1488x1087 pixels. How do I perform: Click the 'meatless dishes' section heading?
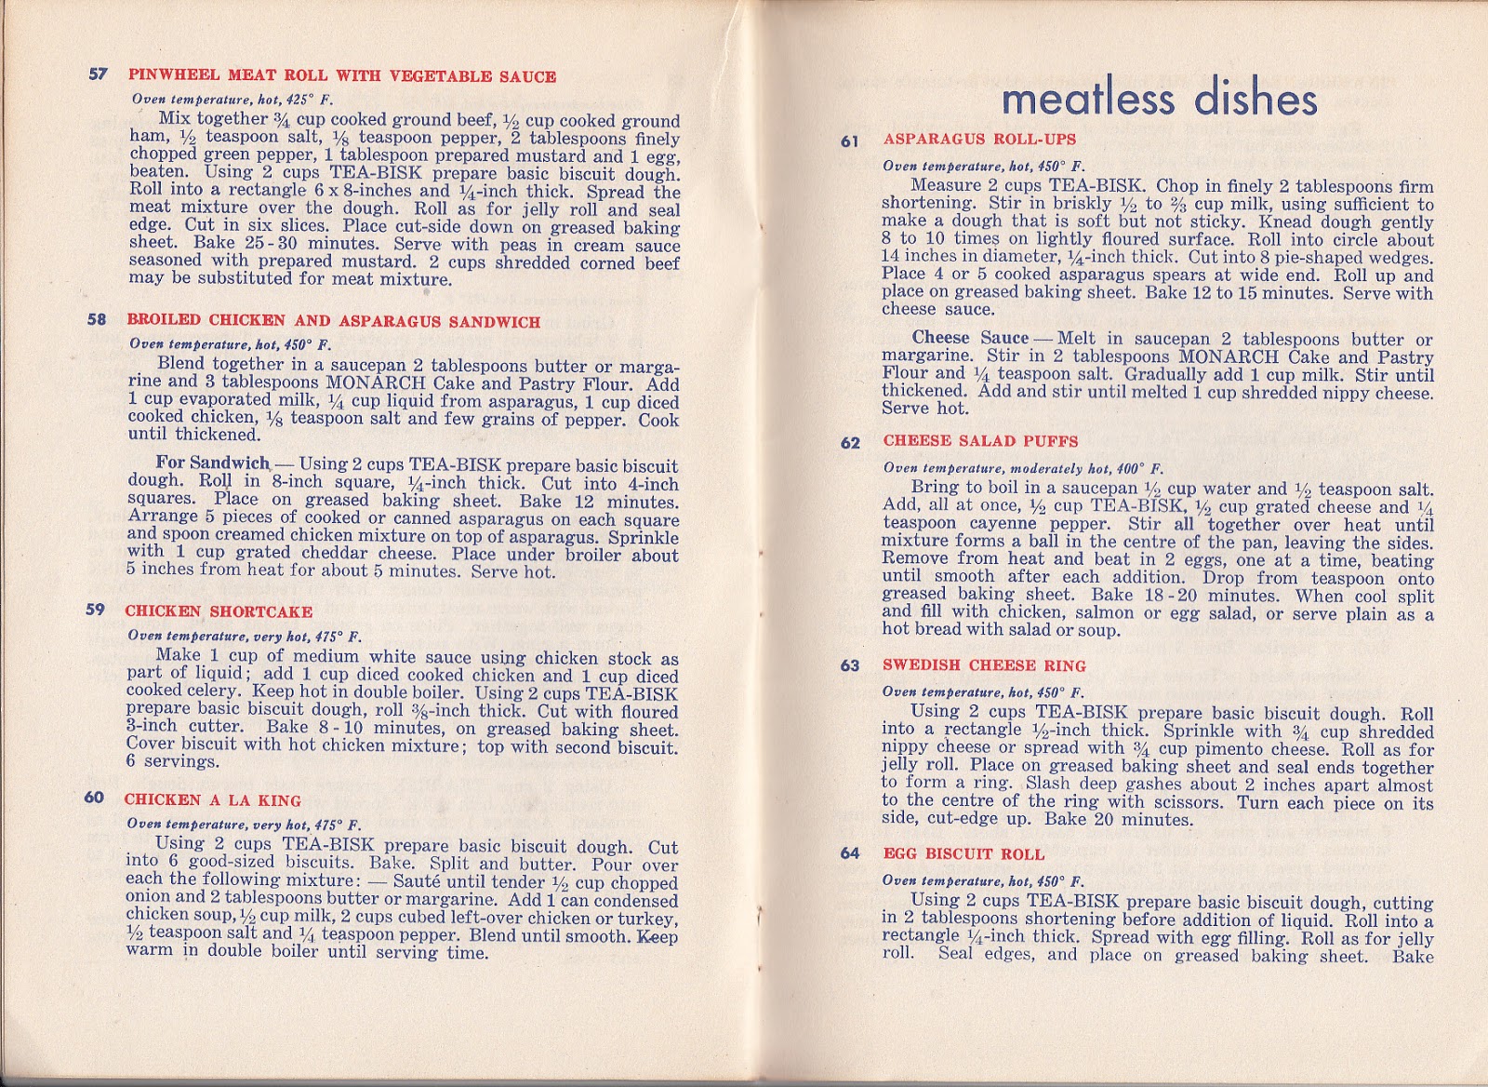coord(1160,100)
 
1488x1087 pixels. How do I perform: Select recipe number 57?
coord(99,75)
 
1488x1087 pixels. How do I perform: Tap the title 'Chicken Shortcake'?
coord(219,611)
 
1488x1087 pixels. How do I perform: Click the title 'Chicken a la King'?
coord(212,800)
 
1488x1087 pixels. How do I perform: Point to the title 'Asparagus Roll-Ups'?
coord(979,140)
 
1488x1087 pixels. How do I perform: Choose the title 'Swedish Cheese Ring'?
coord(984,665)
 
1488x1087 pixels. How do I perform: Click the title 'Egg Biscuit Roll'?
coord(963,854)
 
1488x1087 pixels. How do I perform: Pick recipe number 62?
coord(850,442)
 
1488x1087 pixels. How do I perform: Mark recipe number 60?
coord(95,798)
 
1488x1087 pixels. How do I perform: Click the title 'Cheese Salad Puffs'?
coord(980,441)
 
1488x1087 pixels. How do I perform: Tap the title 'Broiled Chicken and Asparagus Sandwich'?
coord(333,321)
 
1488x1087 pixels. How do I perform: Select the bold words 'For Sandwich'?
coord(212,463)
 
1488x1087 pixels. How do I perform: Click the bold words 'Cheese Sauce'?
coord(969,338)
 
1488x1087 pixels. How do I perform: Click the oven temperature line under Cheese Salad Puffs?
coord(1023,468)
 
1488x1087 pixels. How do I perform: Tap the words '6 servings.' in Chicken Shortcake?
coord(173,761)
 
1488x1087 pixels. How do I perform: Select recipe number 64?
coord(850,854)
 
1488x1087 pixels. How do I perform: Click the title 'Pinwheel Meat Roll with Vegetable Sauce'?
coord(341,76)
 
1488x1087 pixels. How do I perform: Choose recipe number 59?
coord(96,611)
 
